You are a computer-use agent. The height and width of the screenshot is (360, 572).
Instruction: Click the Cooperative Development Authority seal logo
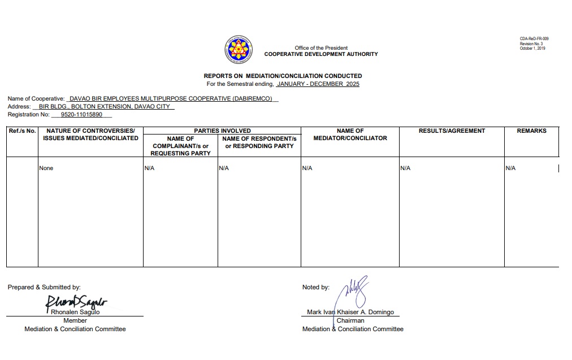click(x=239, y=49)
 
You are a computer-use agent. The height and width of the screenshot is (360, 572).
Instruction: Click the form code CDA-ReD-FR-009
click(x=534, y=39)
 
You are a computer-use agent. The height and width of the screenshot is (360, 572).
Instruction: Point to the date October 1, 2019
click(x=532, y=49)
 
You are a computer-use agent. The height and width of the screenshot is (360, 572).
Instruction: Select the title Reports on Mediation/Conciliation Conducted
click(x=283, y=76)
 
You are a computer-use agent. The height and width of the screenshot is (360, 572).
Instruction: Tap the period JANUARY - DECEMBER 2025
click(x=318, y=84)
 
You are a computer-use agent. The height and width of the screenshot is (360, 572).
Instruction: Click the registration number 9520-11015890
click(x=81, y=115)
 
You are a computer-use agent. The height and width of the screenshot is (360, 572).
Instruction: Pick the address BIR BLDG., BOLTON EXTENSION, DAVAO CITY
click(x=104, y=107)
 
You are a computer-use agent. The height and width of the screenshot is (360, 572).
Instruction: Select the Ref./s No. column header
click(x=22, y=131)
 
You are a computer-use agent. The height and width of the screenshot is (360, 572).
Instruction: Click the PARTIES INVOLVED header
click(x=222, y=131)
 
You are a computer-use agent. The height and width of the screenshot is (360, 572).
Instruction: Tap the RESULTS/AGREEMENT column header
click(x=452, y=131)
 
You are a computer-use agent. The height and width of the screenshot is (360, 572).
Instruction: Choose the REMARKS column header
click(x=531, y=131)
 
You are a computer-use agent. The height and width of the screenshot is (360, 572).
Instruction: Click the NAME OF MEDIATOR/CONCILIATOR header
click(x=350, y=135)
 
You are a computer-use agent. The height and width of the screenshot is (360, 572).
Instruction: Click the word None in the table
click(x=46, y=168)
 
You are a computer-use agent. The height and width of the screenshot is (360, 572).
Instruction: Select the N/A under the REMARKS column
click(x=510, y=168)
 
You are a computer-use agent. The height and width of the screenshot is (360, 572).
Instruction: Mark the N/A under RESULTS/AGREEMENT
click(x=405, y=168)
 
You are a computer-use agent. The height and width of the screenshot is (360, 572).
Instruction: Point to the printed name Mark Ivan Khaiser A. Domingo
click(x=350, y=313)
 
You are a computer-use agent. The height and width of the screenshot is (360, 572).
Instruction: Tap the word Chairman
click(x=350, y=320)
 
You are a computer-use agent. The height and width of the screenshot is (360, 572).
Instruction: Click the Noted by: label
click(x=316, y=288)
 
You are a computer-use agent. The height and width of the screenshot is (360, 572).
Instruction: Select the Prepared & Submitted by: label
click(x=44, y=288)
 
